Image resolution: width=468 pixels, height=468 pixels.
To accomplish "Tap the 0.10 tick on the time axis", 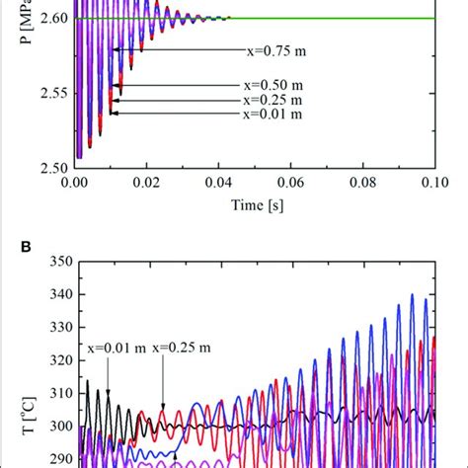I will tap(434, 183).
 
